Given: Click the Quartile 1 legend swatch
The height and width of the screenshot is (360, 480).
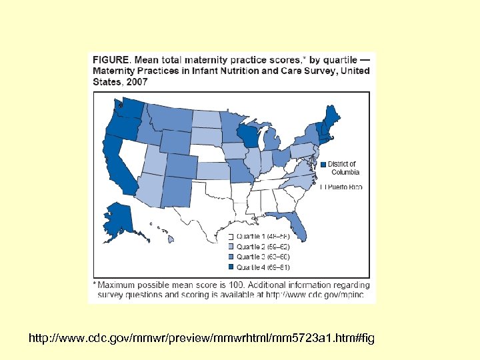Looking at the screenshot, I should coord(231,237).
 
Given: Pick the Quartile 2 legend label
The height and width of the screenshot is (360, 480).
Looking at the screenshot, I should coord(263,247).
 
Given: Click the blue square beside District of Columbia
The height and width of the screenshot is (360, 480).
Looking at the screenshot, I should coord(323,165).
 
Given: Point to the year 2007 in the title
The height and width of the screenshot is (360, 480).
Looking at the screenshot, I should coord(136,82).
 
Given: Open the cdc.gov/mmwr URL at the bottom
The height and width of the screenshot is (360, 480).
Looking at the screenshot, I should coord(201,339).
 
